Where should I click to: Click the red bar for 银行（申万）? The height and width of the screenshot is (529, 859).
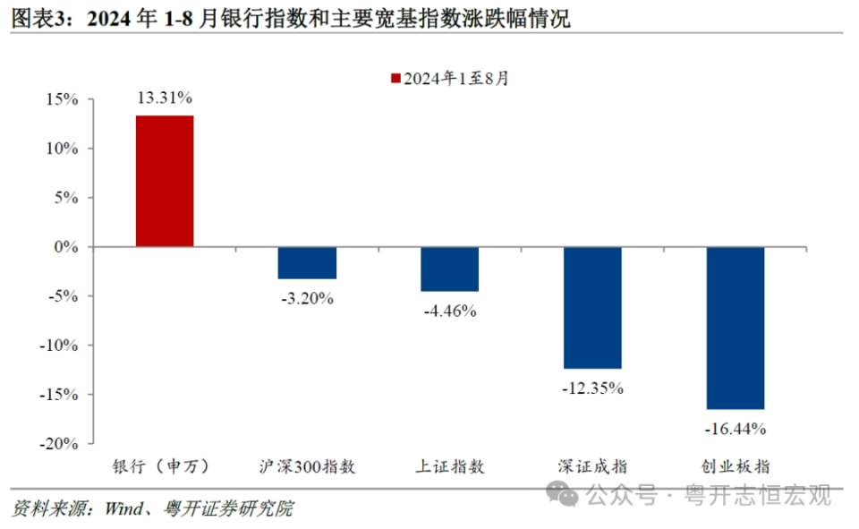click(x=165, y=181)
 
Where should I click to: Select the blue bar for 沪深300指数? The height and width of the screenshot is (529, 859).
click(x=307, y=262)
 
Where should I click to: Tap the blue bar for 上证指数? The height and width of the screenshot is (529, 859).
click(x=450, y=269)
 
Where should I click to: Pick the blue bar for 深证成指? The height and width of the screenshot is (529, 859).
click(x=592, y=307)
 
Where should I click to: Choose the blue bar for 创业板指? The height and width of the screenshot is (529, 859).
click(x=736, y=328)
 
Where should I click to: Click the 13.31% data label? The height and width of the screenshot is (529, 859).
click(x=165, y=97)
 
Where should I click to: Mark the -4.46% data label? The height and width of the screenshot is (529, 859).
click(x=449, y=311)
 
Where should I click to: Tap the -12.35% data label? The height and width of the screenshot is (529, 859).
click(x=592, y=388)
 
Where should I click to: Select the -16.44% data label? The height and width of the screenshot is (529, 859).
click(x=736, y=430)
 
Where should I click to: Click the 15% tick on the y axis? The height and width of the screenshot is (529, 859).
click(x=64, y=99)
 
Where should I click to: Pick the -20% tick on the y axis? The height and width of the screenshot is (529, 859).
click(x=61, y=444)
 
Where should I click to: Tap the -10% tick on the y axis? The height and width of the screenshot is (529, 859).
click(x=61, y=346)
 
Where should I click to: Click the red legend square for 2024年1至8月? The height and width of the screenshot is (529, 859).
click(x=395, y=79)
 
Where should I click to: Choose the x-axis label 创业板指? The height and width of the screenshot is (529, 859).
click(x=736, y=466)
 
